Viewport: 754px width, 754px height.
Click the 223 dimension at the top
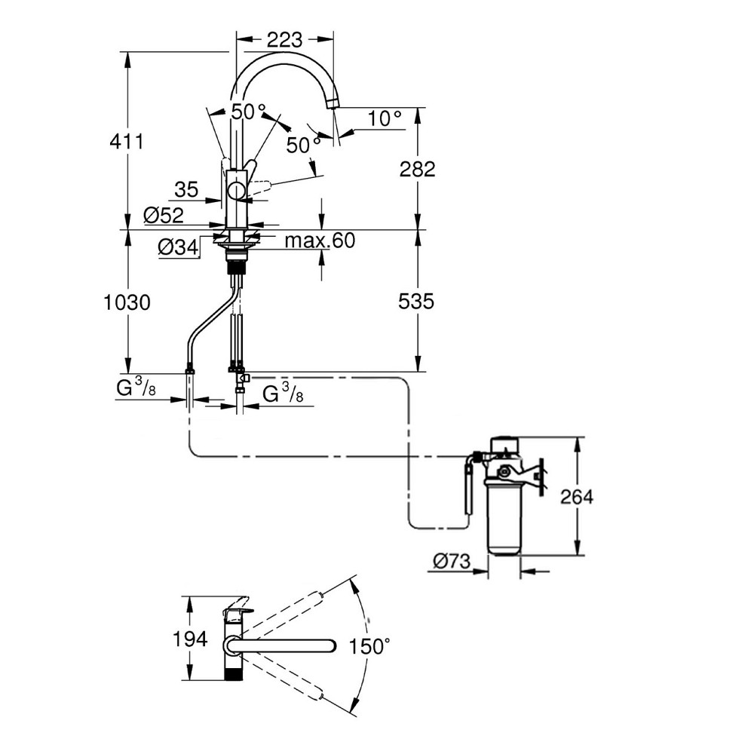285,39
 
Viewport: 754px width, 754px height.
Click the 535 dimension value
415,302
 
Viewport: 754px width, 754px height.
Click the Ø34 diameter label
179,246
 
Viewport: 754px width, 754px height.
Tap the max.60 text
320,241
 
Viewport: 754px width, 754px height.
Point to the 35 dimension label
185,189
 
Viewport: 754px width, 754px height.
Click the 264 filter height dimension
577,497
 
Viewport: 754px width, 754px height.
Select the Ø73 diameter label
452,561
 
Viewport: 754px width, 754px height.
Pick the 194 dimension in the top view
188,640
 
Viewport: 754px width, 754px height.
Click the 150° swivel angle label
370,646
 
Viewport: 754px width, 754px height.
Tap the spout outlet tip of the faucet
332,104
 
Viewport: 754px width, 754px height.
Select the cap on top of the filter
505,442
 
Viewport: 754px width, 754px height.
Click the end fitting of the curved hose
189,370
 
